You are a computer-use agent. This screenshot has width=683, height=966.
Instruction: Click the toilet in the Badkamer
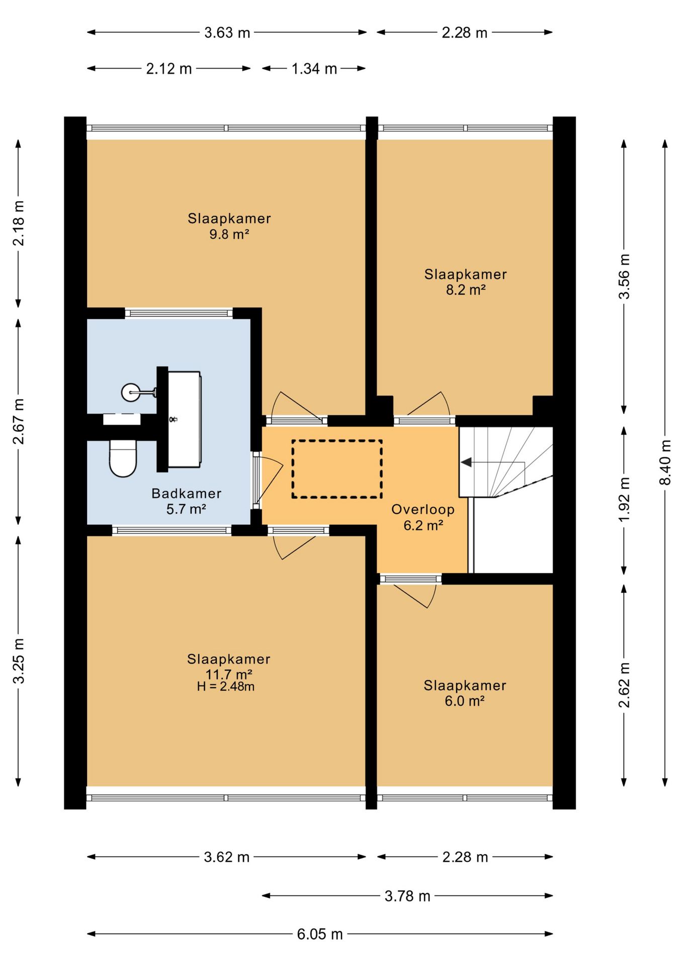pos(123,458)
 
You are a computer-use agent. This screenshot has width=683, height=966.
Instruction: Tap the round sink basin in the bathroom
pos(131,392)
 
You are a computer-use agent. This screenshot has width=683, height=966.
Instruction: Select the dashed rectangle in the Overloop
pos(337,469)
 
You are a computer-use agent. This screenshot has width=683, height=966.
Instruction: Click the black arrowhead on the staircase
pos(466,462)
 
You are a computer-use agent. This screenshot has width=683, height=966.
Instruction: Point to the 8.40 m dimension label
pos(665,462)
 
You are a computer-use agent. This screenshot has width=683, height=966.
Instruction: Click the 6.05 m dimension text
pos(319,934)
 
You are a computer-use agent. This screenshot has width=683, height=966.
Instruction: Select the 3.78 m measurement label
pos(407,896)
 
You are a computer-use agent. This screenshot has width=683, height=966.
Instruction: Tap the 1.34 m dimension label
pos(314,68)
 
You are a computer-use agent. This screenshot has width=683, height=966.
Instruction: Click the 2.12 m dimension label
pos(169,68)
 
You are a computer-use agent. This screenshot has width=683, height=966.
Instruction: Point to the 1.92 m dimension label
pos(624,500)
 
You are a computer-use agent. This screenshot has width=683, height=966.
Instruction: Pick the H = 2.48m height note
pos(226,686)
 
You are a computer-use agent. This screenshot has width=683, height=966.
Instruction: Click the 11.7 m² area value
pos(229,674)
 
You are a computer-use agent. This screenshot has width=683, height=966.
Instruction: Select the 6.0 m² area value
pos(464,701)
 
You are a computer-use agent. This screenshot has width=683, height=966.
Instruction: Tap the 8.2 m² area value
pos(466,290)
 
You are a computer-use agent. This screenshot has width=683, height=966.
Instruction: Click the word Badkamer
pos(187,494)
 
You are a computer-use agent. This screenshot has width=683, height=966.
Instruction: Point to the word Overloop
pos(423,510)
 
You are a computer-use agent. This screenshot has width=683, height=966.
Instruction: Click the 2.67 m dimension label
pos(18,422)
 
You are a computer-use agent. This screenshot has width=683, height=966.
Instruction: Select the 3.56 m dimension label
pos(624,277)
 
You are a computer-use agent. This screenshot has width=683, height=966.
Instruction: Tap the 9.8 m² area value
pos(229,234)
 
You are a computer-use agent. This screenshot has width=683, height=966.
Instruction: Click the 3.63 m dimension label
pos(227,33)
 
